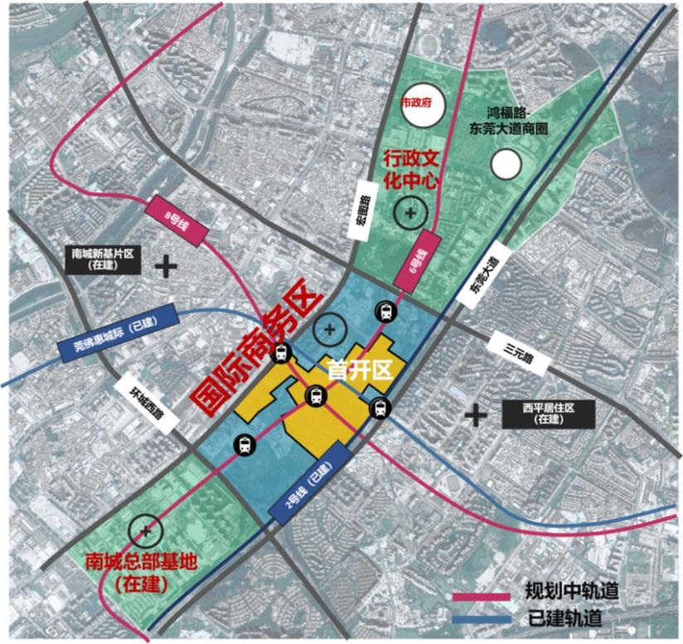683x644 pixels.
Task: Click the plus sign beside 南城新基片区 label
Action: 167,266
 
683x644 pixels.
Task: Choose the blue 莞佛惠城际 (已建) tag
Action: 117,332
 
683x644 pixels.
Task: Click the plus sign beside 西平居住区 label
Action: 476,414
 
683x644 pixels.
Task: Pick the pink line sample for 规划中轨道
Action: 482,595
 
